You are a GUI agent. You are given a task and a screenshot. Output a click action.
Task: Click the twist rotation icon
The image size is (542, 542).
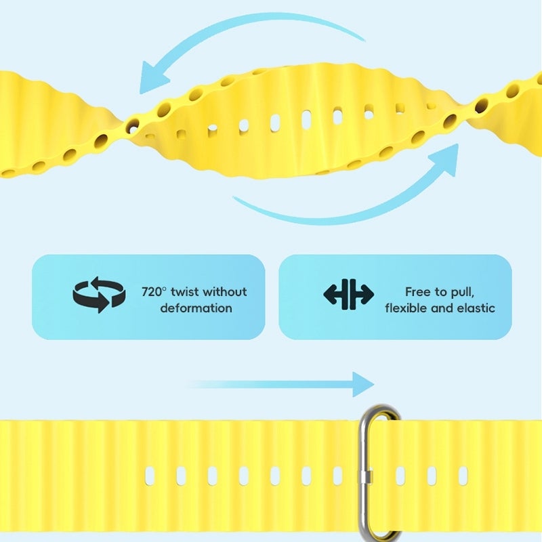[x=99, y=295]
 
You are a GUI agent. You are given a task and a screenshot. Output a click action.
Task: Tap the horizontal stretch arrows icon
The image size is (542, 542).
[x=348, y=295]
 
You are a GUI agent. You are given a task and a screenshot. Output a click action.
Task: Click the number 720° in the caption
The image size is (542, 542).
[x=152, y=292]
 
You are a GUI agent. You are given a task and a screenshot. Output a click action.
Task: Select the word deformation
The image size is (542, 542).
[x=196, y=308]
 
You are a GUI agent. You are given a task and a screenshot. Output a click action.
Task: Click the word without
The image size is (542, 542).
[x=225, y=292]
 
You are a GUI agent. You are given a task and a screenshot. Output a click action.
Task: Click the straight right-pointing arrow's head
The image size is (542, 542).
[x=363, y=384]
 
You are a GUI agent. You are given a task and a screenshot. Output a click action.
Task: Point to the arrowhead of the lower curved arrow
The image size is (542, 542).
[x=445, y=159]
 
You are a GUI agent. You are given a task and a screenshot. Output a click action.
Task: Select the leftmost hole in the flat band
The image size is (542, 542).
[x=150, y=476]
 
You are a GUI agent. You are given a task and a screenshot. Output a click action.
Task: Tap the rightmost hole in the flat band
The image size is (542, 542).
[x=463, y=476]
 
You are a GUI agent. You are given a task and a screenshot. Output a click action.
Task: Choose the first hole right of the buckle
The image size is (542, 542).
[x=400, y=476]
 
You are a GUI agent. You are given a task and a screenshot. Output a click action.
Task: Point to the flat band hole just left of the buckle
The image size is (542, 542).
[x=337, y=476]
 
